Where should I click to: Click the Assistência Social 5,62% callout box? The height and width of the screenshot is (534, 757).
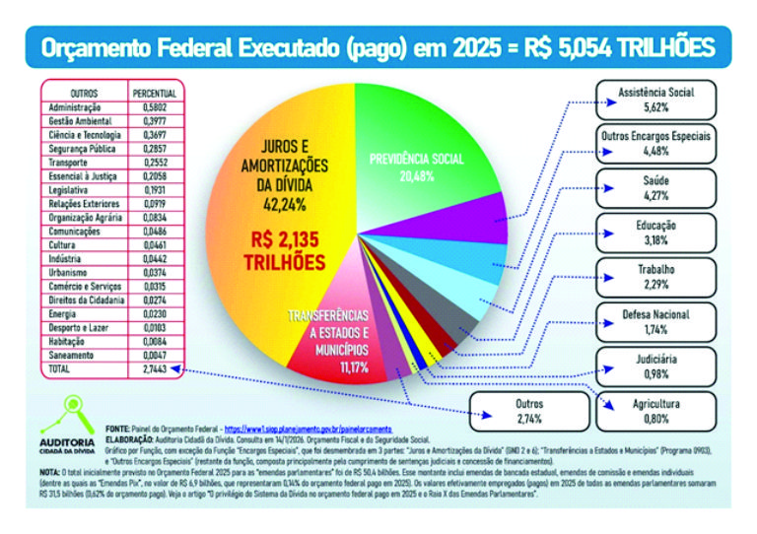[x=656, y=100]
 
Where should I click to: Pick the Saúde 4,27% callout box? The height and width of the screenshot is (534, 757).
[x=656, y=187]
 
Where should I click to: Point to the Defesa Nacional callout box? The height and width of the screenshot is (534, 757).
[x=656, y=321]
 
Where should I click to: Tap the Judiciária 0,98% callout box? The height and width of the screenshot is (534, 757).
[x=656, y=367]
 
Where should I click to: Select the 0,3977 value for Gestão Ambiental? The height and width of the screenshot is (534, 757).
[x=153, y=119]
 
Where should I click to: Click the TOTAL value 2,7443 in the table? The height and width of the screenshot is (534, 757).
[x=153, y=368]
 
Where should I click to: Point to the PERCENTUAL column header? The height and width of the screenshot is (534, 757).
[x=153, y=92]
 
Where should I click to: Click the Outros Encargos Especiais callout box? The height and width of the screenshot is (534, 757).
[x=656, y=143]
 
